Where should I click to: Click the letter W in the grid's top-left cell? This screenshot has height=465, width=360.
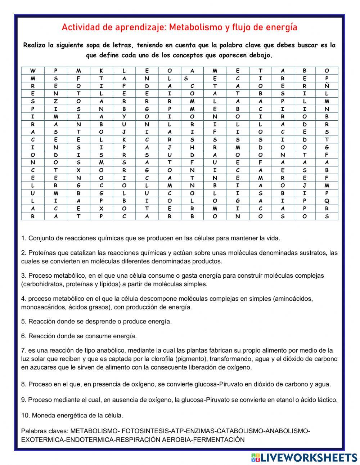coord(33,71)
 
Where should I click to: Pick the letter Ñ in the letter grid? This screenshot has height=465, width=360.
coord(327,86)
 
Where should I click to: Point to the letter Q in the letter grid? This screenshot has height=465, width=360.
coord(327,201)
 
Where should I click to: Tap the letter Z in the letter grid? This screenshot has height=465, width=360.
coord(56,101)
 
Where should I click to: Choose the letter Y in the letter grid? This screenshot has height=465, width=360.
coord(124,117)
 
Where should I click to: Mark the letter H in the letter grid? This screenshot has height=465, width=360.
coord(192,147)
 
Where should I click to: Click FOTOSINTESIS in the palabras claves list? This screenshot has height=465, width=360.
coord(145,431)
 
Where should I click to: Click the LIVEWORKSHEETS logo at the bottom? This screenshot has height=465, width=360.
coord(304,457)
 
